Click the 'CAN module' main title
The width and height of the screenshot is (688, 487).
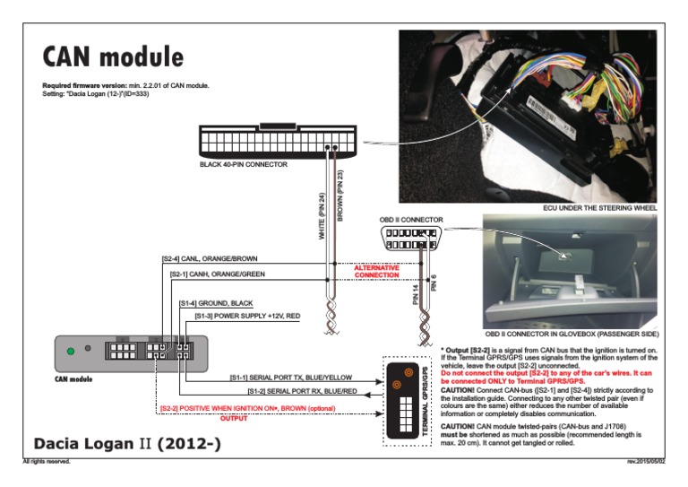pos(113,57)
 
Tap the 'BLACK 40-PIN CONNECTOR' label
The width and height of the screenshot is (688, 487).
pos(243,166)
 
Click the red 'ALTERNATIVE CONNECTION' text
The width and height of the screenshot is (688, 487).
pos(375,271)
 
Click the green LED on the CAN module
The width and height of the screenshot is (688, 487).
pos(71,351)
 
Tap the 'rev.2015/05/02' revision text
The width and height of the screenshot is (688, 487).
pos(646,462)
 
